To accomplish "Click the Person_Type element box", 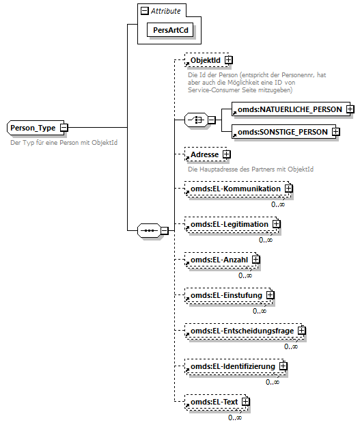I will (33, 128).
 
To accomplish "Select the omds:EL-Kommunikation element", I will (235, 188).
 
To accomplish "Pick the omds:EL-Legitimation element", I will (230, 223).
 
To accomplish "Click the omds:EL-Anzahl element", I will (219, 259).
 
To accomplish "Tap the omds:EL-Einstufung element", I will (226, 295).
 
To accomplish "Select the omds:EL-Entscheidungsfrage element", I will (242, 331).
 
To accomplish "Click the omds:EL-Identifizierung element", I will (233, 367).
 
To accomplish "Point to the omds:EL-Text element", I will (214, 402).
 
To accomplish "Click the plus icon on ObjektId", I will (228, 61).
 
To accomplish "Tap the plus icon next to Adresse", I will (226, 155).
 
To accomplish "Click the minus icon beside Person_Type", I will (64, 127).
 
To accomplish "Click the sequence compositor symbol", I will (148, 230).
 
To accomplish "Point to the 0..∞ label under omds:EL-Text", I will (235, 417).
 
